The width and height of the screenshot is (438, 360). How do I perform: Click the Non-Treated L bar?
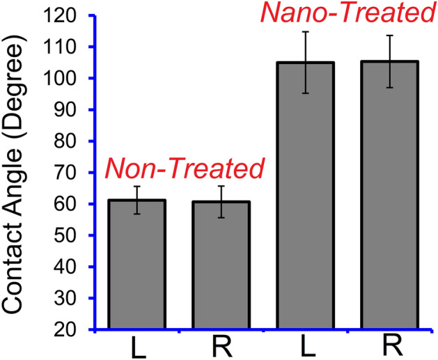[136, 265]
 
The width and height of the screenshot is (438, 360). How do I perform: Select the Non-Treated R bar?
[221, 265]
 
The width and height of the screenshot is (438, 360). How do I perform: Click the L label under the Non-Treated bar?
[137, 348]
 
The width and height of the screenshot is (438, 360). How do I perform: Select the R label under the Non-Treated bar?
[221, 348]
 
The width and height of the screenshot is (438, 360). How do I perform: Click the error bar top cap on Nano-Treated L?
[305, 32]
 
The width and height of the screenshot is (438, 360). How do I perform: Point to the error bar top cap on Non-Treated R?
[221, 186]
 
